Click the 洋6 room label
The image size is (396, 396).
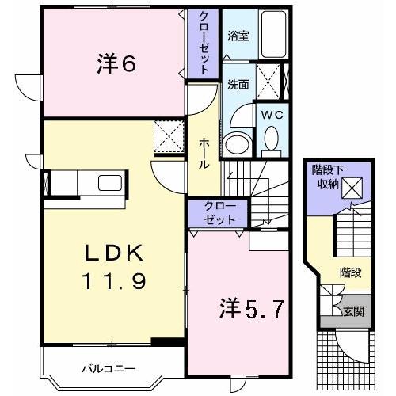[118, 64]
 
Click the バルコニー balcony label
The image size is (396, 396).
[109, 368]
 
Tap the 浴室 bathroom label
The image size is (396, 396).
[238, 36]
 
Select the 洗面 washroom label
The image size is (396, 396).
[238, 84]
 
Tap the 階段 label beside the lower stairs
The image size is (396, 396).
[350, 272]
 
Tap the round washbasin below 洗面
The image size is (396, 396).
[234, 145]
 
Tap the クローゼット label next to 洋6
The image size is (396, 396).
[203, 44]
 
